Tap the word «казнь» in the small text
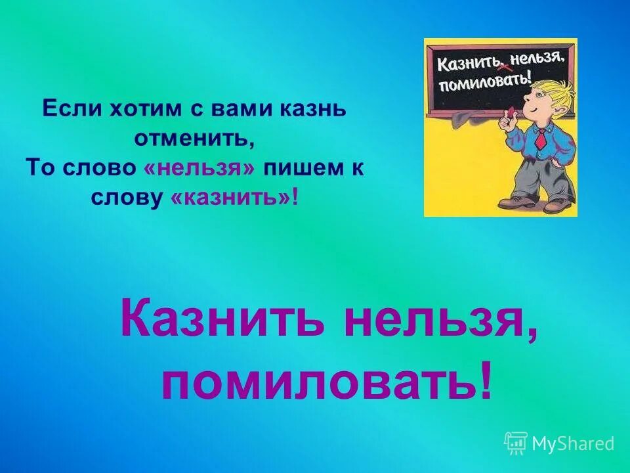click(310, 109)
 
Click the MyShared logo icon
click(516, 443)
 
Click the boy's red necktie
click(540, 139)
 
